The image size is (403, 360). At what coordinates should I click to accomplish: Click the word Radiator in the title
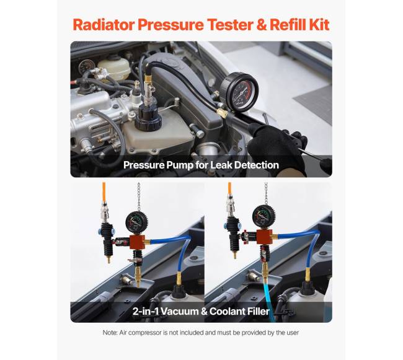pyautogui.click(x=103, y=25)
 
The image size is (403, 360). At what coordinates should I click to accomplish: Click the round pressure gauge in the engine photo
pyautogui.click(x=239, y=92)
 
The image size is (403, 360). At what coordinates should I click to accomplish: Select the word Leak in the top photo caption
pyautogui.click(x=221, y=165)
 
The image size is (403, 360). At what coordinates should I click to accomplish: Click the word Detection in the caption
pyautogui.click(x=257, y=165)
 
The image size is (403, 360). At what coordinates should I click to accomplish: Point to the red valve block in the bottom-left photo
pyautogui.click(x=137, y=242)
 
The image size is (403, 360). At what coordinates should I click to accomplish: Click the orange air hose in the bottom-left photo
pyautogui.click(x=104, y=192)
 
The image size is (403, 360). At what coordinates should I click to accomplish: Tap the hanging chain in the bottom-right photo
pyautogui.click(x=266, y=193)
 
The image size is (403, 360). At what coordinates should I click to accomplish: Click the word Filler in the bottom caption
pyautogui.click(x=257, y=311)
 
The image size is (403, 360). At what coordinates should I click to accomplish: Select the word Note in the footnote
pyautogui.click(x=110, y=333)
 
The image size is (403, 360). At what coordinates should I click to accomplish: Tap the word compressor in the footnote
pyautogui.click(x=145, y=333)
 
